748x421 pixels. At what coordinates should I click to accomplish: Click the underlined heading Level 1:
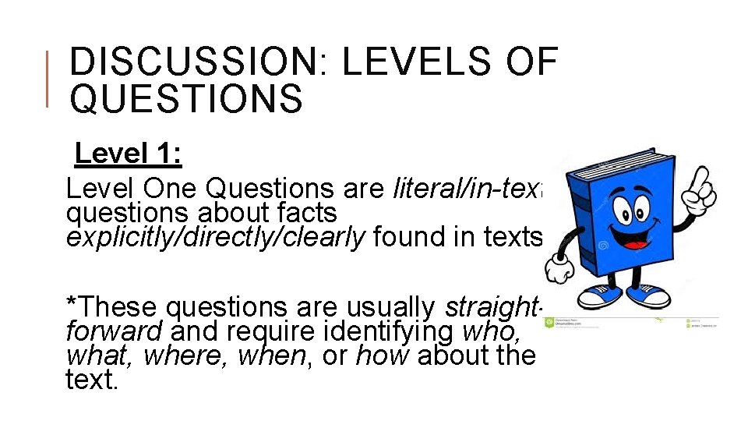pyautogui.click(x=129, y=154)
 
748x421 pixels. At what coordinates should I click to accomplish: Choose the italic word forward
pyautogui.click(x=114, y=333)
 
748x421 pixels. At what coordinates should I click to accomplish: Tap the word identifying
pyautogui.click(x=382, y=333)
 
